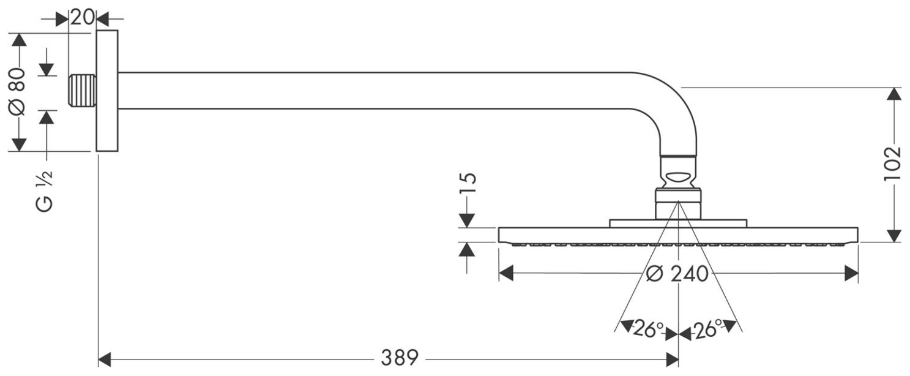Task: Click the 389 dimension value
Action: tap(399, 357)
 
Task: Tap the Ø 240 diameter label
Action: tap(677, 273)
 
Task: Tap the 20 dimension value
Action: tap(81, 17)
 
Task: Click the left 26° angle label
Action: tap(644, 330)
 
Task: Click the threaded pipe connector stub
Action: tap(82, 91)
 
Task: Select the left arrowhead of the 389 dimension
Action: tap(105, 357)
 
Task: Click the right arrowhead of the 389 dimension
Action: tap(672, 357)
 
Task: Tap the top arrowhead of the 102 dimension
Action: tap(894, 94)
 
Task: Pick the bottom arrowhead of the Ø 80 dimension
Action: tap(19, 145)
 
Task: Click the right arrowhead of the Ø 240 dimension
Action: tap(852, 273)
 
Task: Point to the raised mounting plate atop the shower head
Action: tap(677, 223)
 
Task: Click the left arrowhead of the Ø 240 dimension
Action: tap(505, 273)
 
